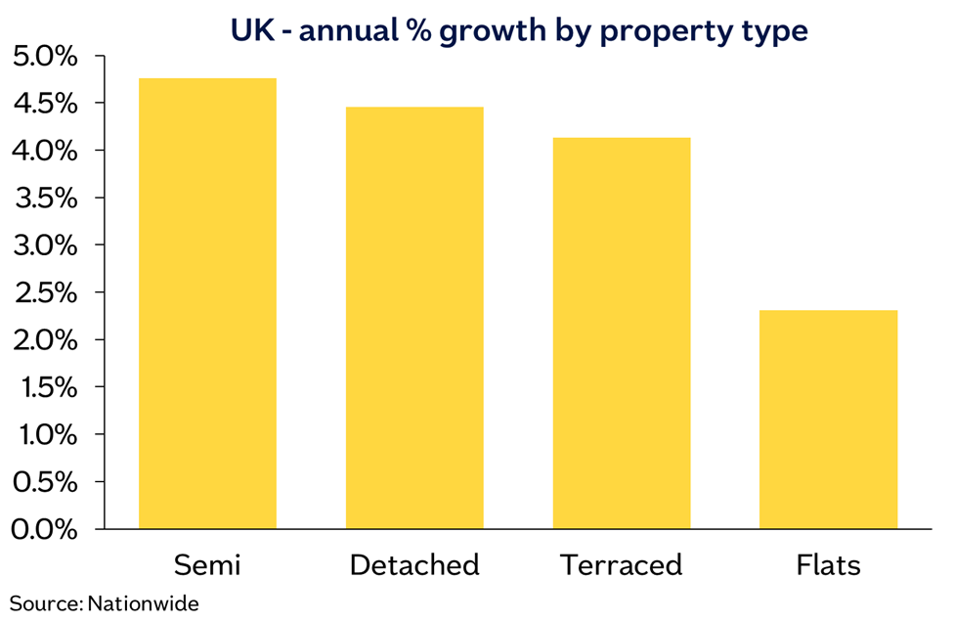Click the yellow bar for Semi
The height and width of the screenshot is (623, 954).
tap(207, 303)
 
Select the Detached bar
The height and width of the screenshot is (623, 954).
tap(414, 318)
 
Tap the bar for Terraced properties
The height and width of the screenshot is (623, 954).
tap(622, 334)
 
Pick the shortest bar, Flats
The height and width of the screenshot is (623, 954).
tap(828, 420)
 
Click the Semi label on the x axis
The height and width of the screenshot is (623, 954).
tap(207, 564)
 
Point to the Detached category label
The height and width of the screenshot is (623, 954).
tap(414, 564)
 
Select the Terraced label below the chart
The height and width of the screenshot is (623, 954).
tap(622, 564)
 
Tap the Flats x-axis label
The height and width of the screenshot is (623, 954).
tap(828, 564)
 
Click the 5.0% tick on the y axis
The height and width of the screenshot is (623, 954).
tap(45, 56)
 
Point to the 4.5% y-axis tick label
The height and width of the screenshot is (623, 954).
tap(45, 104)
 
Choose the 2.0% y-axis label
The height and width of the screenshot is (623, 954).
tap(45, 339)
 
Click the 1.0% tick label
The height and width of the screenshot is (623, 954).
tap(48, 435)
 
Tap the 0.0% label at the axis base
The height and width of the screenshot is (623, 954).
tap(45, 529)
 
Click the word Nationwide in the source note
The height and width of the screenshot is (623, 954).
tap(143, 603)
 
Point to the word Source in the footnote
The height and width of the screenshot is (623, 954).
tap(46, 603)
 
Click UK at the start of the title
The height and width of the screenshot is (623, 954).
tap(253, 30)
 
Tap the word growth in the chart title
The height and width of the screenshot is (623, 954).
tap(493, 31)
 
